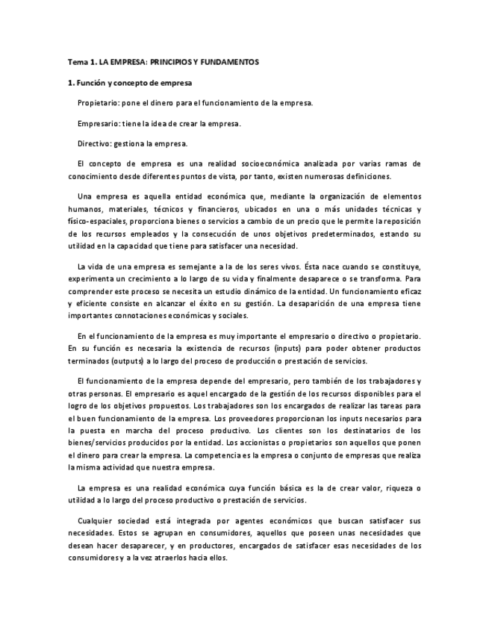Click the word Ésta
(x=315, y=265)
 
